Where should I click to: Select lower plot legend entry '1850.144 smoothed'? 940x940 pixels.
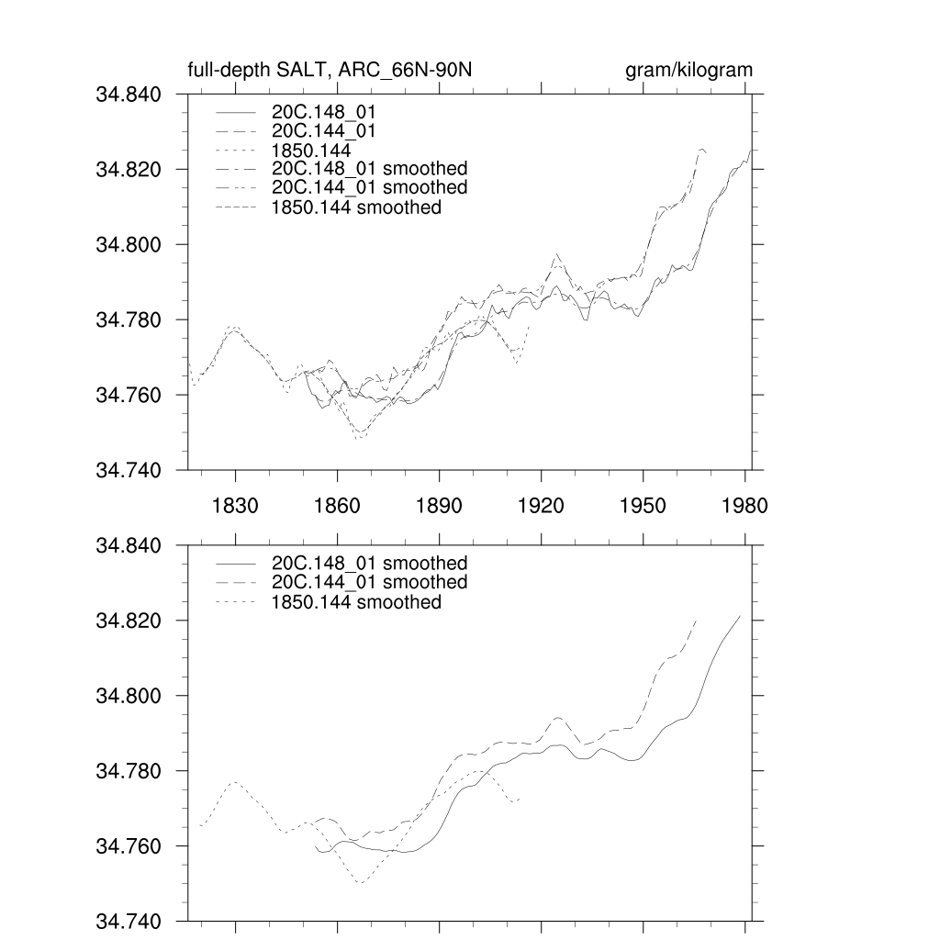click(x=357, y=602)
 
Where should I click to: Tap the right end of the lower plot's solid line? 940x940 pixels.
click(x=740, y=616)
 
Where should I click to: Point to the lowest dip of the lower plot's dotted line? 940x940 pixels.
click(x=361, y=883)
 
